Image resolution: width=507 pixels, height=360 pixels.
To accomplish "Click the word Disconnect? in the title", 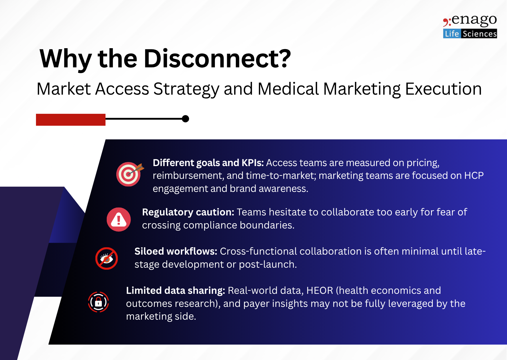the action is [x=217, y=59].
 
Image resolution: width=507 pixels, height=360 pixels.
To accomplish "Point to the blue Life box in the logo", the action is [x=452, y=34].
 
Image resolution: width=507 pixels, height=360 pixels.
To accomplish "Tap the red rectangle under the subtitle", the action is [x=71, y=120].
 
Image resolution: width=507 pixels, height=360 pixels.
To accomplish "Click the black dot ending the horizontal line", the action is [x=185, y=119].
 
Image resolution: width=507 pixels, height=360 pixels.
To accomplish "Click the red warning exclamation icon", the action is [x=119, y=219].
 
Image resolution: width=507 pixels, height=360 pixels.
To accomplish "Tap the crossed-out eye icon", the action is [x=106, y=258].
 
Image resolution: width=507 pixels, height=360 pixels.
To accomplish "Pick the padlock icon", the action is [x=98, y=302].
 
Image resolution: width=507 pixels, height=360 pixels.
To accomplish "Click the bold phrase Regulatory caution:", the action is [x=188, y=212].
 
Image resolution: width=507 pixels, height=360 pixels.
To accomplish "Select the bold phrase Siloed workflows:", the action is [x=176, y=251].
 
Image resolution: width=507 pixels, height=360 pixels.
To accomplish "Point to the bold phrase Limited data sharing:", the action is [x=175, y=291].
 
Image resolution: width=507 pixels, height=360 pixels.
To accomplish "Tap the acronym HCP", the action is [x=474, y=176].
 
